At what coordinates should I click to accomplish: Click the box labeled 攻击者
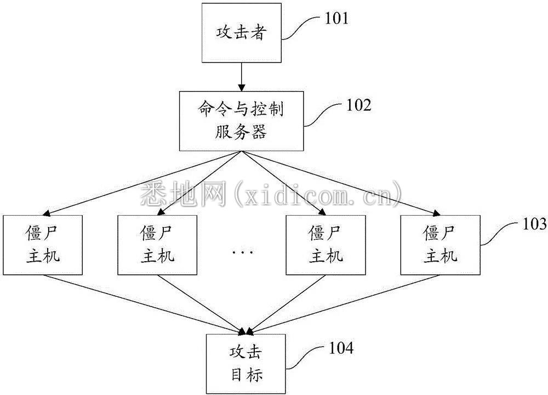pos(242,33)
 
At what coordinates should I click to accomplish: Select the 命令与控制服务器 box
pos(242,121)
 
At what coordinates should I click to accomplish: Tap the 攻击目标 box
pos(246,364)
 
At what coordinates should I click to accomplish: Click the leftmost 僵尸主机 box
pos(43,245)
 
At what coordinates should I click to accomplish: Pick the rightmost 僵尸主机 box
pos(441,245)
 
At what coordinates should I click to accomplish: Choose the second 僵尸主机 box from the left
pos(157,245)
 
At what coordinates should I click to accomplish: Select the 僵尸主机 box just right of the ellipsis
pos(326,245)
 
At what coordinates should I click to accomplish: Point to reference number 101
pos(337,19)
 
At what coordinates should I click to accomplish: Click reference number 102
pos(358,105)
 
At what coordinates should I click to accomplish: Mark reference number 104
pos(341,348)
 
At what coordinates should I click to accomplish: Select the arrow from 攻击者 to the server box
pos(242,77)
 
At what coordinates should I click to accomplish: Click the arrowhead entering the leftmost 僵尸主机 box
pos(46,213)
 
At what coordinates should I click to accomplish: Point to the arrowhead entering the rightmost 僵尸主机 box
pos(436,213)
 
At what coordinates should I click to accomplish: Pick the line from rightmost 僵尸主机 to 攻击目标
pos(344,303)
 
